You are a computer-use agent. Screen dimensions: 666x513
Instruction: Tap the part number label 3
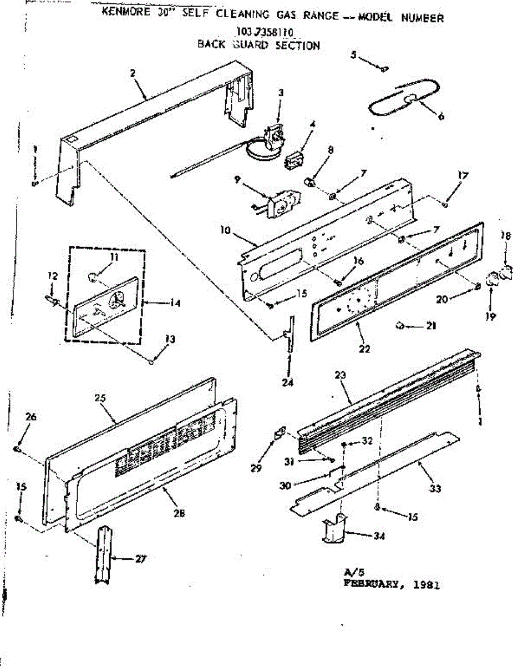click(281, 93)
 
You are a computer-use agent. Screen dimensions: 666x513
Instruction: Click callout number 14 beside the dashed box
click(176, 303)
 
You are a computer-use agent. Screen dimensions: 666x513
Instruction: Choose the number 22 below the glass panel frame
click(364, 349)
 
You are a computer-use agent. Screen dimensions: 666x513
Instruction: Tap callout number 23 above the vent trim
click(340, 376)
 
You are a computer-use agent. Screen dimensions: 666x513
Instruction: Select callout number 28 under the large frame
click(179, 513)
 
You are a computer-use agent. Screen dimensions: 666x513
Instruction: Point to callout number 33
click(435, 488)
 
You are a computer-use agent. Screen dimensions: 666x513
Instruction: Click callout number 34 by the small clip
click(379, 536)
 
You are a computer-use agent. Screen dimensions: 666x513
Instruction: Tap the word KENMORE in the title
click(123, 13)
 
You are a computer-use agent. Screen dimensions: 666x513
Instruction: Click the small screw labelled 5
click(383, 68)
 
